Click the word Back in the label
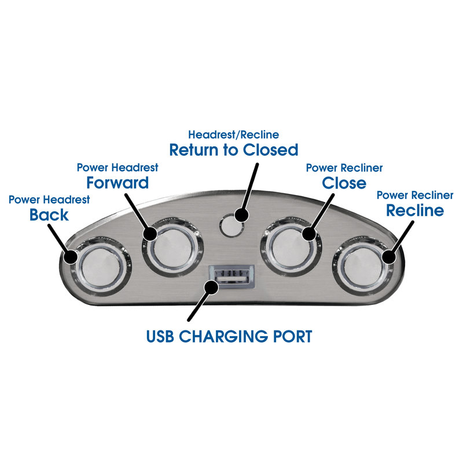[x=49, y=215]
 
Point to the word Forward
[x=117, y=183]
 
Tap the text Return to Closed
[x=233, y=150]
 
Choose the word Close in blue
[x=344, y=183]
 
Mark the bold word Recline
[x=415, y=210]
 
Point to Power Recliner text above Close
[x=344, y=168]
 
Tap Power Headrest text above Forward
[x=117, y=168]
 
